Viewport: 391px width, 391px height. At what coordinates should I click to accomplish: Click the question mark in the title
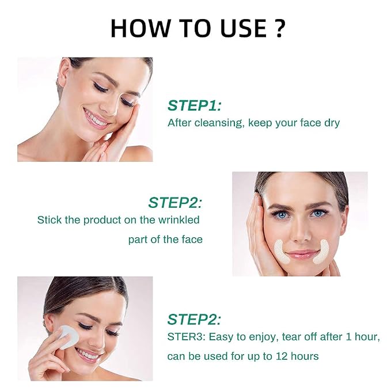[x=279, y=28]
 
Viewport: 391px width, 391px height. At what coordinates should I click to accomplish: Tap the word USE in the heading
[x=244, y=28]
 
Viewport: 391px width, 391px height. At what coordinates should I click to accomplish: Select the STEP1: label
[x=194, y=105]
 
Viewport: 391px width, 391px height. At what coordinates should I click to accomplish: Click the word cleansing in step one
[x=218, y=123]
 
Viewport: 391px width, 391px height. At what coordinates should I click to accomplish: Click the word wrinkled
[x=179, y=220]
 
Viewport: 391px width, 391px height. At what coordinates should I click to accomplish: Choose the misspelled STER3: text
[x=186, y=337]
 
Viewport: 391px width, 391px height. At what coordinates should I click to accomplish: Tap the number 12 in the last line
[x=282, y=356]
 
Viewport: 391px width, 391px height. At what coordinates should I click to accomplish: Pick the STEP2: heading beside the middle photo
[x=175, y=203]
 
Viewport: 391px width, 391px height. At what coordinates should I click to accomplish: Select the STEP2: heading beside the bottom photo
[x=194, y=320]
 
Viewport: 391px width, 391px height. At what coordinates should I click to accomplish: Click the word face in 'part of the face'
[x=192, y=240]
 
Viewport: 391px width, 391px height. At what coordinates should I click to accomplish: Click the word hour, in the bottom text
[x=368, y=337]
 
